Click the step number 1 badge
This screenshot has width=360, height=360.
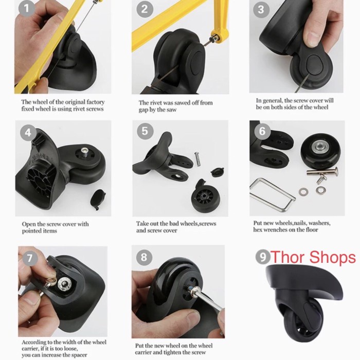[x=27, y=8]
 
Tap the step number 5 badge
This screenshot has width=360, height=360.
[x=145, y=131]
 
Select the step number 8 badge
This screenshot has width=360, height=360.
[x=144, y=257]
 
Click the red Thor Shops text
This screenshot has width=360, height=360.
[x=313, y=257]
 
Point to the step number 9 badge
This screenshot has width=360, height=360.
[x=263, y=257]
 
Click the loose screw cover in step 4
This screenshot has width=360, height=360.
[x=98, y=199]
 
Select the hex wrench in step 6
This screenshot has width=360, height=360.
[x=272, y=194]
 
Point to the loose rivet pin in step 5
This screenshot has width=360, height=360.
[x=197, y=159]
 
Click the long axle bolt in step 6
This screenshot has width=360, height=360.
[x=322, y=171]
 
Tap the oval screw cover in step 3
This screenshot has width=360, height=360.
[x=314, y=64]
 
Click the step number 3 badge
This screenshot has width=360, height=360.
[x=261, y=9]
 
